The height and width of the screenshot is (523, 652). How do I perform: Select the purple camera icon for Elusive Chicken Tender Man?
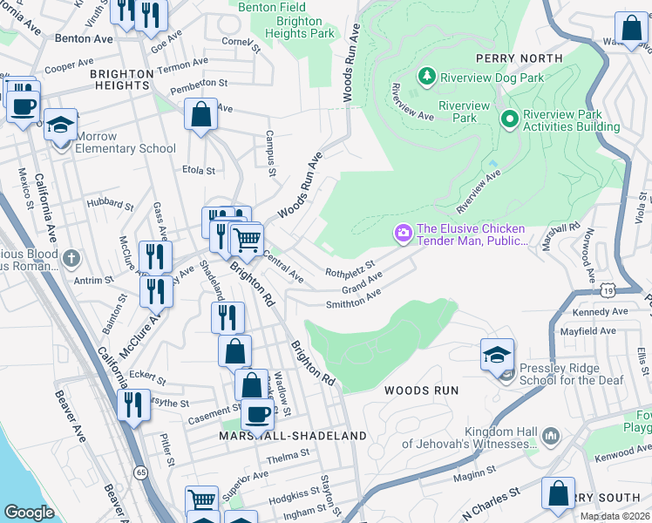click(x=403, y=233)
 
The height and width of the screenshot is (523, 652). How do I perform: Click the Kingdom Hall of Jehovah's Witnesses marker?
click(x=550, y=435)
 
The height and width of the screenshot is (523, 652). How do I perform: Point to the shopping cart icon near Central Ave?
click(x=248, y=239)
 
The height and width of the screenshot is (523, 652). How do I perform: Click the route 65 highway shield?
click(x=140, y=472)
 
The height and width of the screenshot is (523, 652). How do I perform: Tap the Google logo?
click(x=29, y=513)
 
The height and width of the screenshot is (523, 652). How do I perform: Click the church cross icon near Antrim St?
click(x=71, y=259)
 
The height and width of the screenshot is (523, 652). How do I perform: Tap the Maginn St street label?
click(x=474, y=475)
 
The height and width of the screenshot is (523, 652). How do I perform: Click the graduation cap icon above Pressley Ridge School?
click(x=497, y=354)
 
